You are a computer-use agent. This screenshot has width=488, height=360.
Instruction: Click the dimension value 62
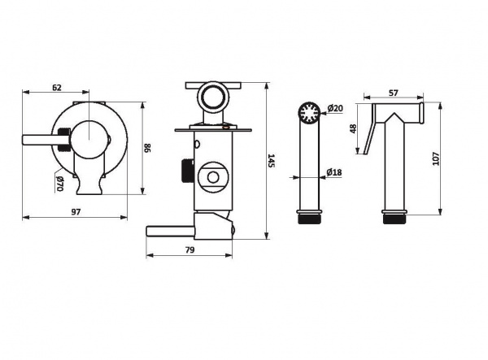click(x=57, y=88)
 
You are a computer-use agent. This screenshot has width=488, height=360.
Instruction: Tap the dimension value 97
click(x=76, y=212)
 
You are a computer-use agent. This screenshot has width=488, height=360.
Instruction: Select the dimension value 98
click(x=147, y=147)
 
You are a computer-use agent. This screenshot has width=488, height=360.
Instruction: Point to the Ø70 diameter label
click(x=59, y=184)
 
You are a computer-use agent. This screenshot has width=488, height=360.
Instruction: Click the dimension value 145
click(x=272, y=160)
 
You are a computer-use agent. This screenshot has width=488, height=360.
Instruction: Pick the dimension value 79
click(x=190, y=250)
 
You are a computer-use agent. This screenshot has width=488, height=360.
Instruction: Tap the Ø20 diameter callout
click(x=335, y=108)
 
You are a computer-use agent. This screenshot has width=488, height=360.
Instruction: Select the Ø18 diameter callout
click(x=334, y=172)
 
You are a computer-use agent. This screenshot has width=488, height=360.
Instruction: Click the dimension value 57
click(x=394, y=93)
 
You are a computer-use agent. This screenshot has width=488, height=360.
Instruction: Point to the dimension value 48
click(x=353, y=128)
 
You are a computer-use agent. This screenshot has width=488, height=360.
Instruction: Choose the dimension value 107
click(x=436, y=158)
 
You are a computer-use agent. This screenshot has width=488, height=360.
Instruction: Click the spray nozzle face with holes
click(x=309, y=112)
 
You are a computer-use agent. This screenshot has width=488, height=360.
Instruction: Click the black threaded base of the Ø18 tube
click(x=309, y=219)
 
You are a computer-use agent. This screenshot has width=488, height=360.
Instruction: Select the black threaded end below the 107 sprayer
click(x=394, y=219)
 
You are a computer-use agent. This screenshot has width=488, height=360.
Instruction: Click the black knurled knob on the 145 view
click(x=187, y=171)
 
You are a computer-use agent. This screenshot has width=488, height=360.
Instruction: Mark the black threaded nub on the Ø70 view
click(x=63, y=139)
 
